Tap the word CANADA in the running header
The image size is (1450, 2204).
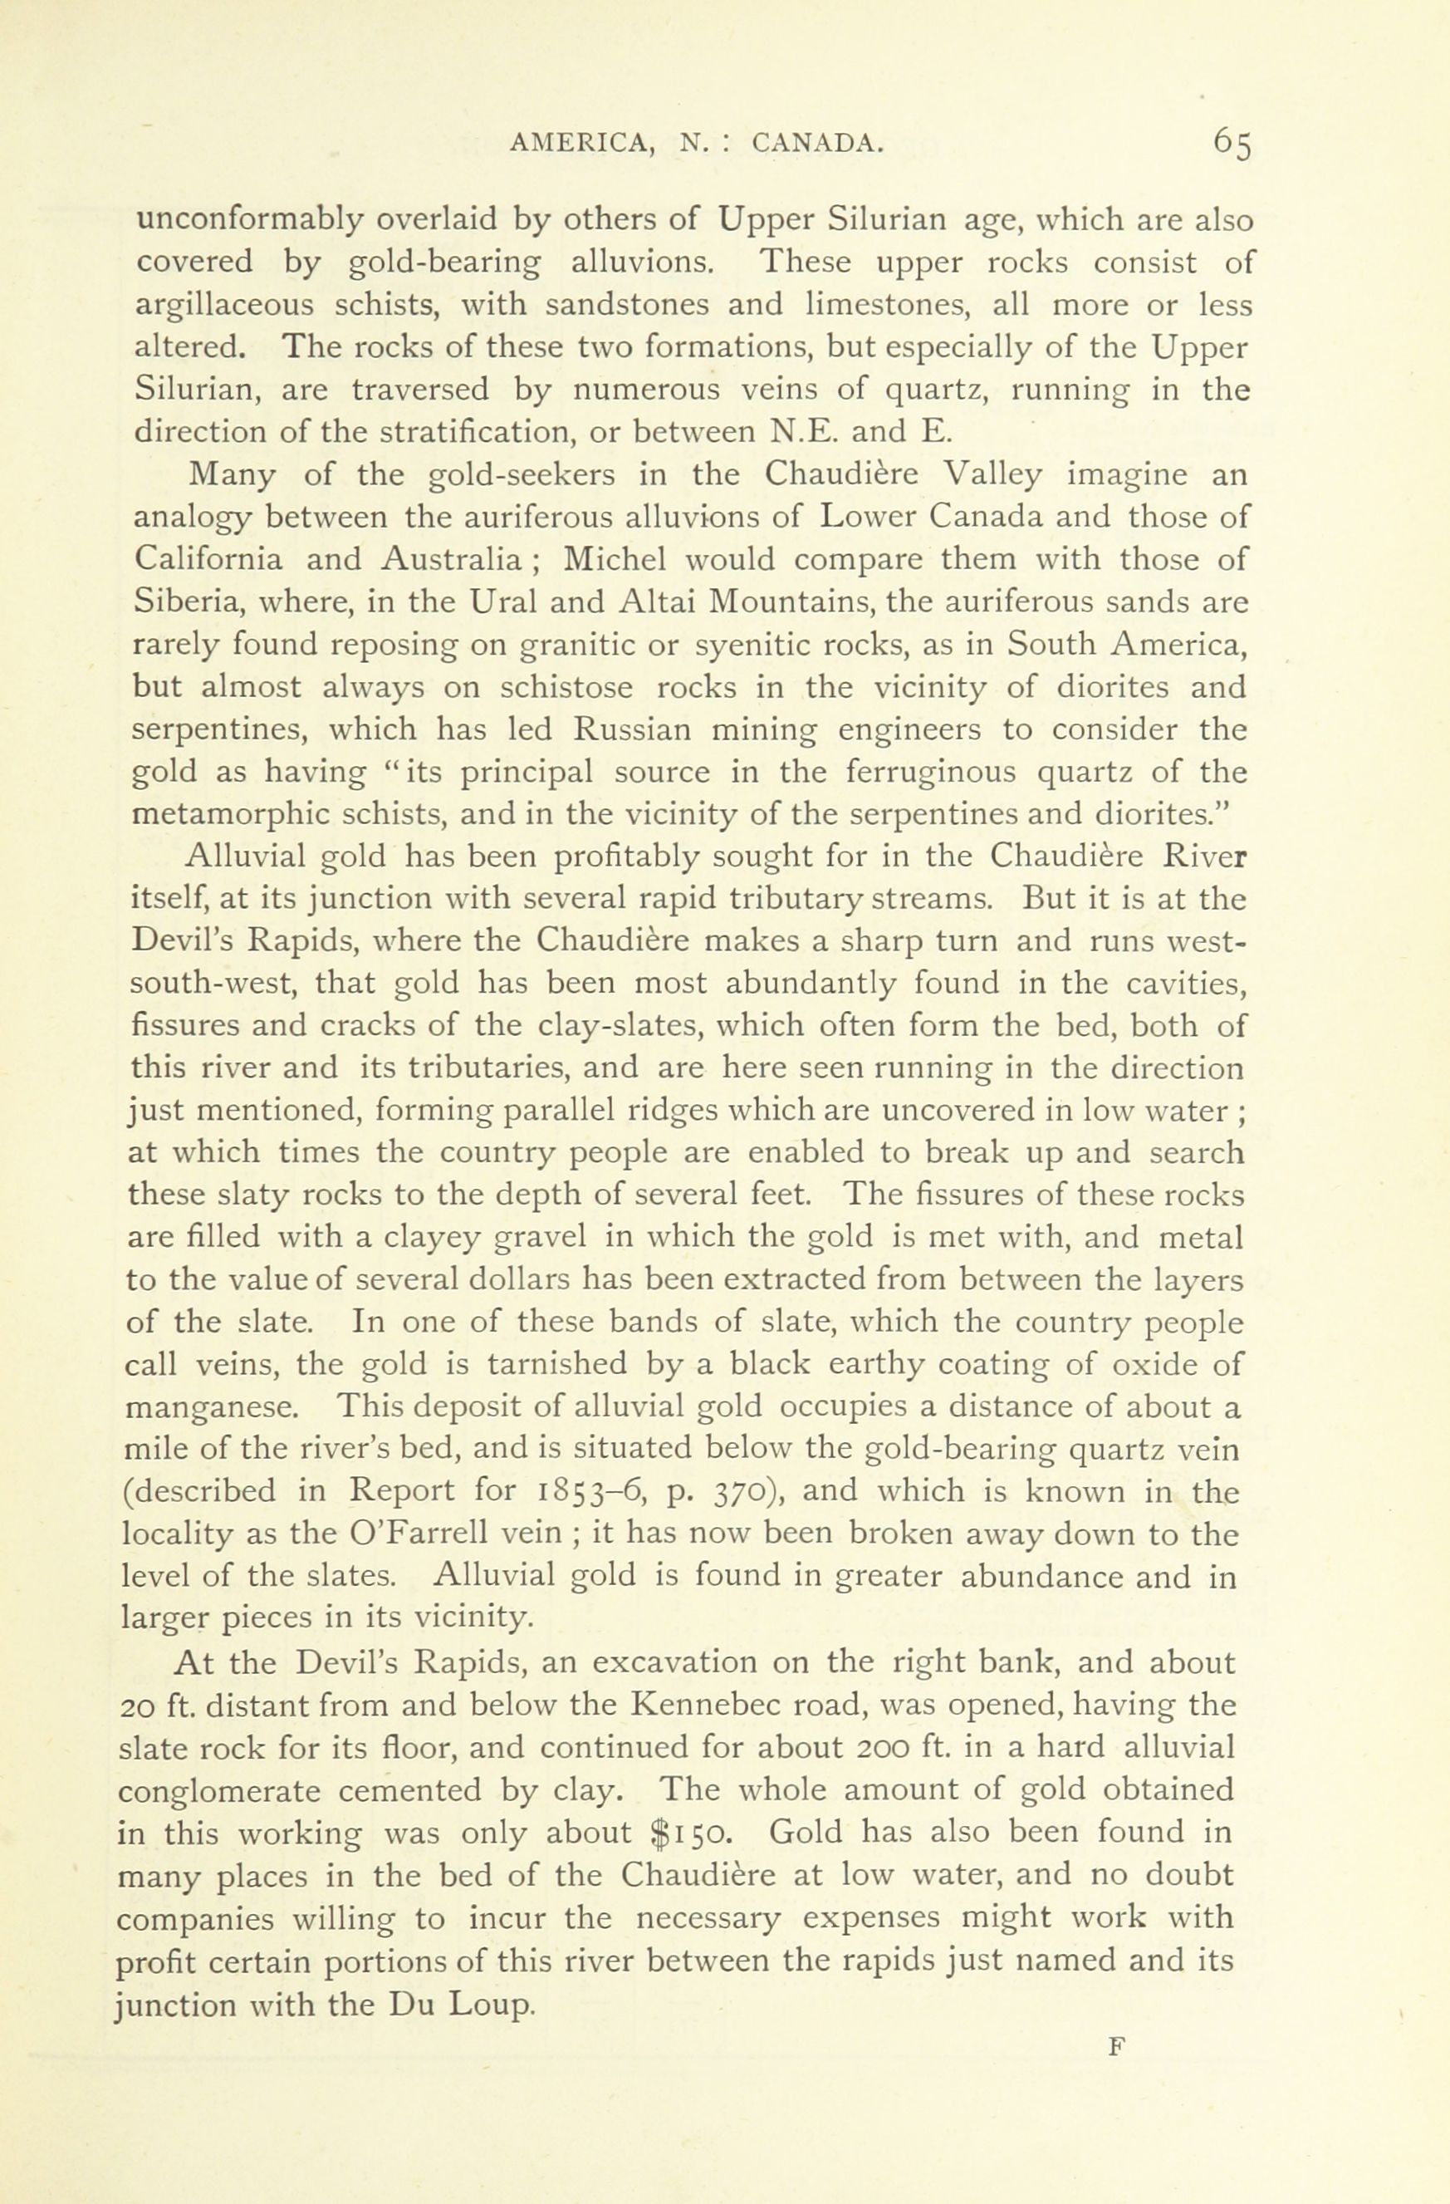(x=816, y=142)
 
